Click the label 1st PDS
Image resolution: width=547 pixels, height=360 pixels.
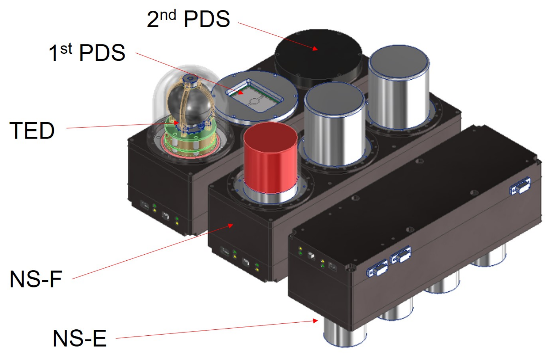[87, 52]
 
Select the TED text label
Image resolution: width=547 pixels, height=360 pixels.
[32, 130]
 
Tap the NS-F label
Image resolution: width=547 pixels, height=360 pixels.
[36, 279]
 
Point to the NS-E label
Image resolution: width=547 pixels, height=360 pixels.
[80, 338]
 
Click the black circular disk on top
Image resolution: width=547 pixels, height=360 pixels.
[318, 54]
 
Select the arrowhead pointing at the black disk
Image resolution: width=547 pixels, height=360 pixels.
[315, 49]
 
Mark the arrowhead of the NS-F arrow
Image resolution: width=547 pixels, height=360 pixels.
[231, 225]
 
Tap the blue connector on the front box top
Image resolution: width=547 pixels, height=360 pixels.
[520, 186]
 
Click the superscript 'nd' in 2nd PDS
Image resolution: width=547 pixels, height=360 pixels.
[168, 15]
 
